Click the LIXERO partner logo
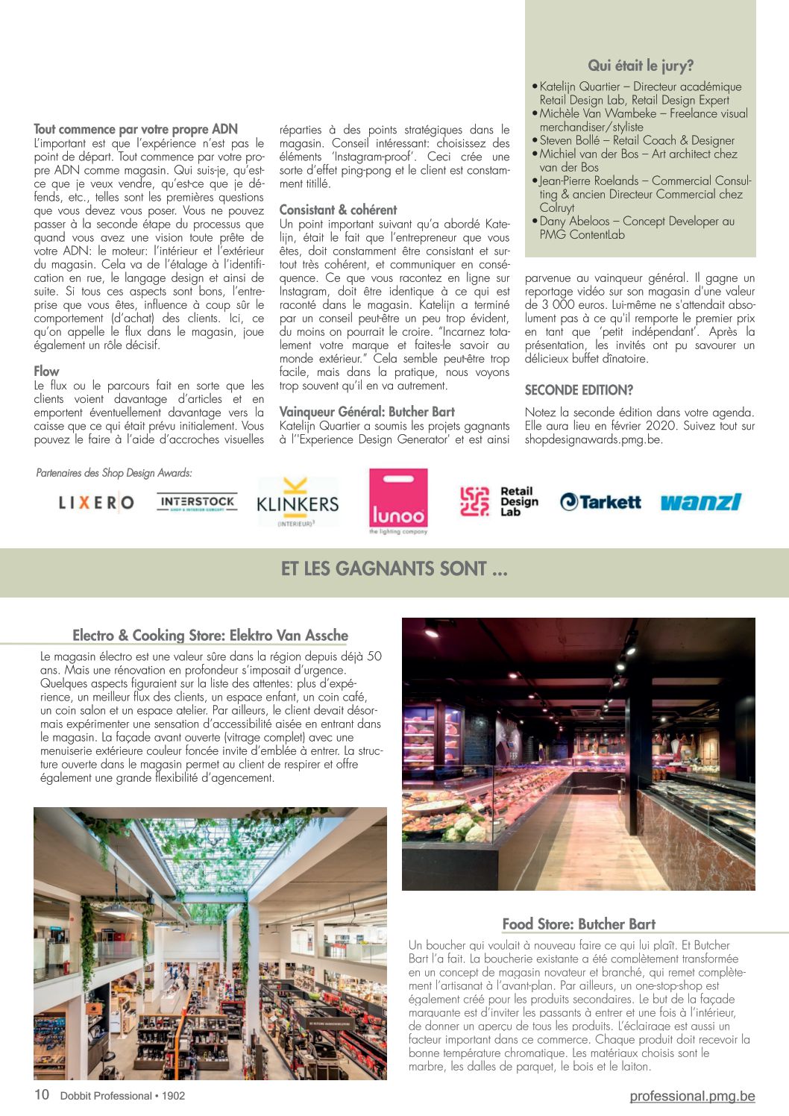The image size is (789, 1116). pos(96,503)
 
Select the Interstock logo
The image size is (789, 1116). pos(197,502)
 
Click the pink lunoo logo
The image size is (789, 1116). pos(398,501)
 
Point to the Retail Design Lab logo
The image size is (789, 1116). pos(498,501)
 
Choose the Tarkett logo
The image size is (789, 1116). pos(600,502)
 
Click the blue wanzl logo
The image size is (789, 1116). pos(700,502)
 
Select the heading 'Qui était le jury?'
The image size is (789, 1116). pos(641,66)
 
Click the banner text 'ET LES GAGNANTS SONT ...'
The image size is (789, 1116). pos(394,569)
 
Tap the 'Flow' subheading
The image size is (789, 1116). pos(46,371)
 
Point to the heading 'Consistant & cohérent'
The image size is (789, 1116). pos(338,210)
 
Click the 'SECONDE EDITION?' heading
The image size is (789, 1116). pos(579,390)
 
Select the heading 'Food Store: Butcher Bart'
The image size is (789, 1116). pos(579,924)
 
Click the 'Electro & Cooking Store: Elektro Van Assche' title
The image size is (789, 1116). pos(210,636)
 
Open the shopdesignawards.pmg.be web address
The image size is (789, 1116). pos(594,439)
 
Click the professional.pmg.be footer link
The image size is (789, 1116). pos(692,1096)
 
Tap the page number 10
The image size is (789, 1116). pos(42,1094)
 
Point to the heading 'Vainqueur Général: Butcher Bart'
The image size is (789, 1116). pos(367,412)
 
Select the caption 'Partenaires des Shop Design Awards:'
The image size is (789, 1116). pos(114,473)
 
